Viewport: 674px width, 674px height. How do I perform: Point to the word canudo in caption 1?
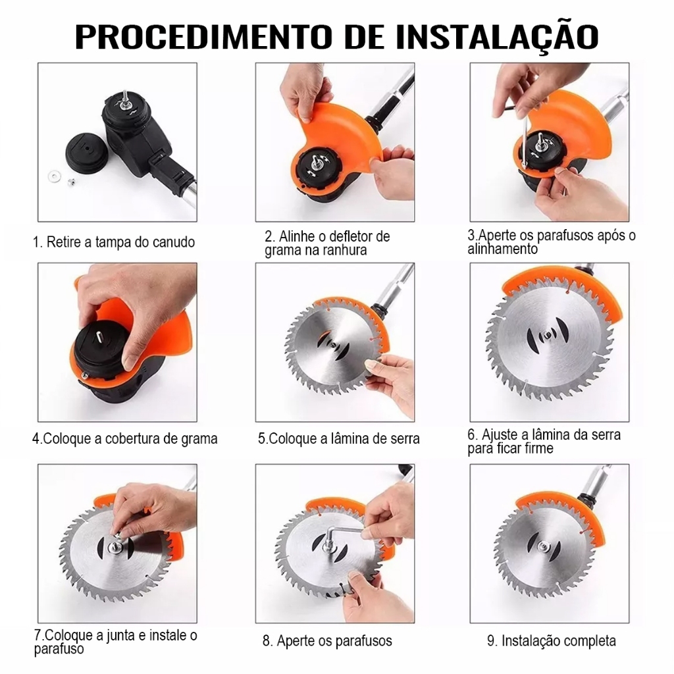[170, 242]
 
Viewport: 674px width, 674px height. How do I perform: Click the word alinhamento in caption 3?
[502, 249]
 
